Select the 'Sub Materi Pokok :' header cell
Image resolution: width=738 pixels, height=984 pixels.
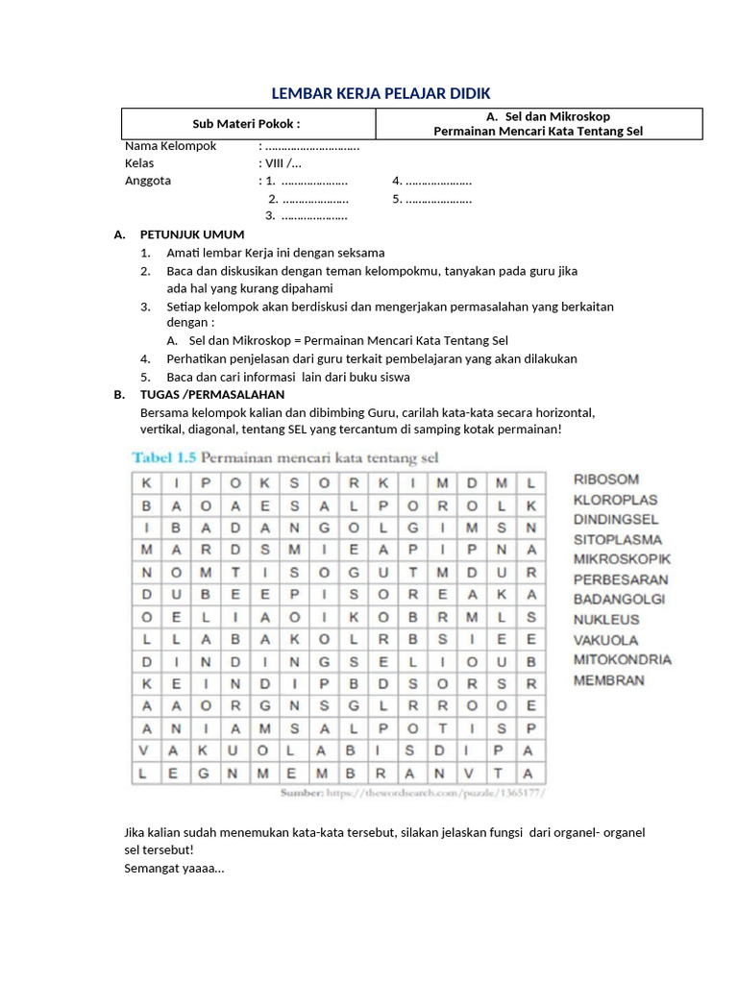point(246,124)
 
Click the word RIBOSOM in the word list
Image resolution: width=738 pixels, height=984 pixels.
point(605,479)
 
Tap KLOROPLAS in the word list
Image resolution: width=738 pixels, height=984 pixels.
point(615,499)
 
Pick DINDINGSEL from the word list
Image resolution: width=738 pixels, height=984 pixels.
point(616,519)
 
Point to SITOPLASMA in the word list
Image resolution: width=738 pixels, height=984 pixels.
point(618,539)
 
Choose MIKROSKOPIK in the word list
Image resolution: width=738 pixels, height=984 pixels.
point(622,559)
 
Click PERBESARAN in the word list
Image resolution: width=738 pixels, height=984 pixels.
point(620,579)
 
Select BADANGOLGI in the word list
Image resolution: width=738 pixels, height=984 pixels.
point(620,600)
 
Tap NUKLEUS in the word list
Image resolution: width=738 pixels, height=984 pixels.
point(606,620)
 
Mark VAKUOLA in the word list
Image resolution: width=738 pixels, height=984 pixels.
point(606,640)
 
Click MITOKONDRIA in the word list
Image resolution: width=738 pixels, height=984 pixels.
point(622,660)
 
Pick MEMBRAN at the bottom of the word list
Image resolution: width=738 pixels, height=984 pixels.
point(608,680)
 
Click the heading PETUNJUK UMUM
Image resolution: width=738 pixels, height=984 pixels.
point(191,234)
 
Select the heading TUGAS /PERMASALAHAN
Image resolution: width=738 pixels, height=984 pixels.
point(211,395)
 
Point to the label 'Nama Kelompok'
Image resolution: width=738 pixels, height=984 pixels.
point(170,146)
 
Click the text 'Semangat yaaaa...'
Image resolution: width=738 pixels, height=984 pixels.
point(174,868)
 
